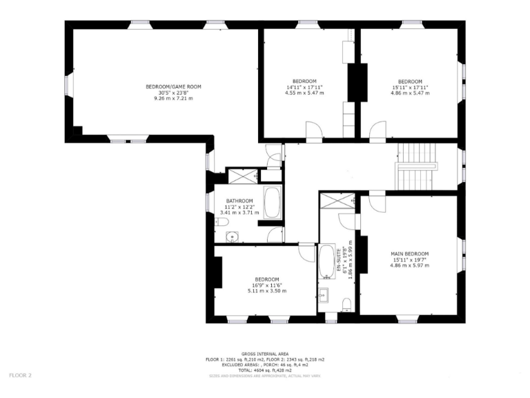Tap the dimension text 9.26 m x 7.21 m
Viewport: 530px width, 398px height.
173,99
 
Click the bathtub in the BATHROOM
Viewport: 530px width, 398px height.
272,202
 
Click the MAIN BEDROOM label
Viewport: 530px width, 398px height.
409,254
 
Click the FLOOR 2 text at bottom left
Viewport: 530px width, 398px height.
20,375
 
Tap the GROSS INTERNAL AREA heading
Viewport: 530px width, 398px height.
264,353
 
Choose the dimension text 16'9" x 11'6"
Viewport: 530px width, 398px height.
266,285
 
